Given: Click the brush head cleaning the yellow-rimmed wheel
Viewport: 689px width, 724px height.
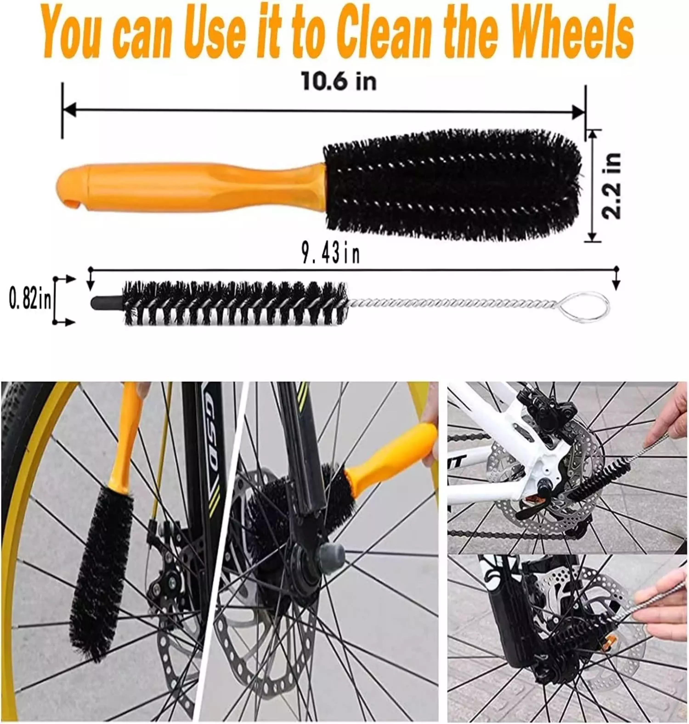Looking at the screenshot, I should [x=103, y=562].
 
